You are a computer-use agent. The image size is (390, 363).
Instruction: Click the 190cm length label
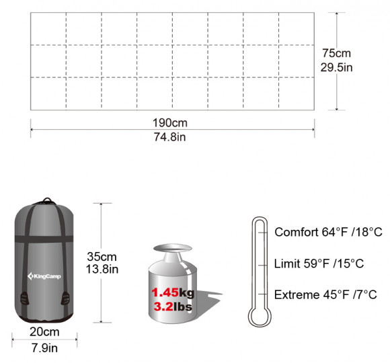coord(170,123)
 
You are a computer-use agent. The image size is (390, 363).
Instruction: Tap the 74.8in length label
coord(169,137)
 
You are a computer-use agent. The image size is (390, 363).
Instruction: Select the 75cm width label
coord(336,53)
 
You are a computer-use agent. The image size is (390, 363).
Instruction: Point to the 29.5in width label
coord(336,67)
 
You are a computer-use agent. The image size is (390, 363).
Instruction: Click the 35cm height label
coord(102,257)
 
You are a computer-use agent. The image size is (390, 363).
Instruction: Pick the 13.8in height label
coord(102,270)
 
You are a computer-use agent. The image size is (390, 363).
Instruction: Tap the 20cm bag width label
coord(44,332)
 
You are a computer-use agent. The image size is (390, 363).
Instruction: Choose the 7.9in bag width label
coord(44,348)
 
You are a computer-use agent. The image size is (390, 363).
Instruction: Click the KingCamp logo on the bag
coord(44,276)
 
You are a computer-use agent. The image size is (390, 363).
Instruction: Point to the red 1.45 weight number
coord(165,292)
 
